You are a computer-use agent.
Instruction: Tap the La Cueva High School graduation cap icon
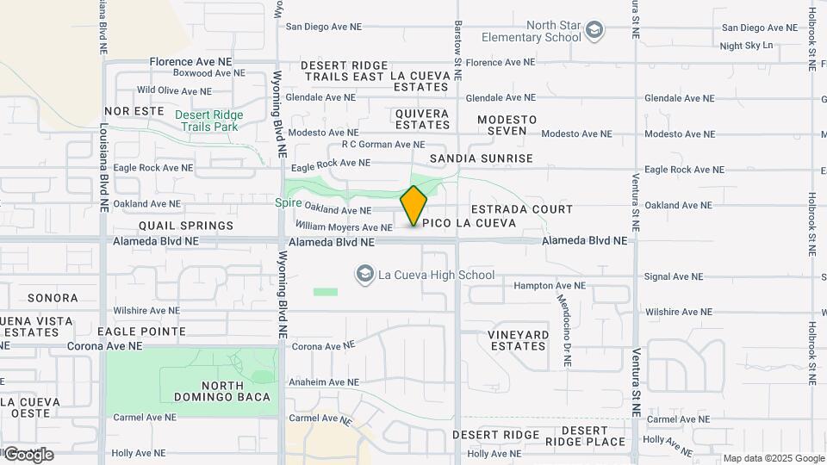point(364,275)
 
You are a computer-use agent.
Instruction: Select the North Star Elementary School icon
point(594,32)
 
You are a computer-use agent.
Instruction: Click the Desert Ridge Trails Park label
point(209,121)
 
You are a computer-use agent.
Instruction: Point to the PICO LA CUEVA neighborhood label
point(469,223)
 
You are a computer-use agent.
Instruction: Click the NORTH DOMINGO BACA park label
point(222,391)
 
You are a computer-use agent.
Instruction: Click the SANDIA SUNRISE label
point(482,158)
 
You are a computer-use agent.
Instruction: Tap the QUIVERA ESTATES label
point(422,119)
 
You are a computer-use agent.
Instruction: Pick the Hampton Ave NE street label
point(550,285)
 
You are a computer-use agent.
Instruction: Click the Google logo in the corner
point(28,454)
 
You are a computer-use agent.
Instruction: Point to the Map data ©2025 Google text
point(773,458)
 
